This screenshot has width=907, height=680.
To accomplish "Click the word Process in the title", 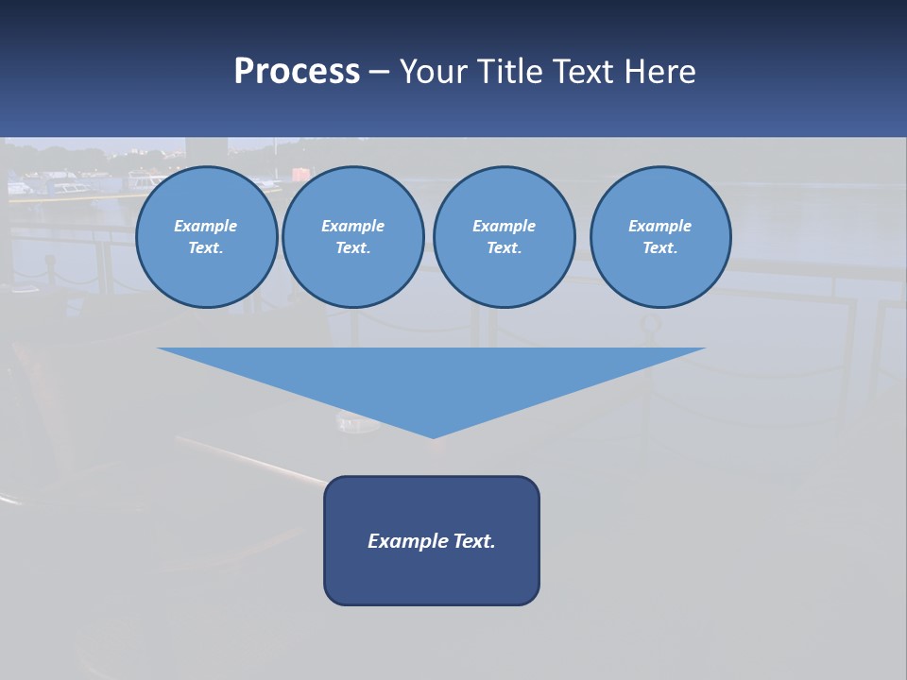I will click(297, 72).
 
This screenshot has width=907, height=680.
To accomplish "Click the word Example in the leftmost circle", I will click(206, 226).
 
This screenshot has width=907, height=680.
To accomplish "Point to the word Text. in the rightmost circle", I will click(660, 248).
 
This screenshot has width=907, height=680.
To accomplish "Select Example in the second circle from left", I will click(352, 226).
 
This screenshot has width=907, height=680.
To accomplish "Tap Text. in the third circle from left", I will click(504, 248).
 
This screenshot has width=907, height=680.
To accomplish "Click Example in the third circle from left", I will click(504, 226).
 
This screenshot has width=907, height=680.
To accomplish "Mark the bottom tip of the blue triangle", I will click(433, 436).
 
